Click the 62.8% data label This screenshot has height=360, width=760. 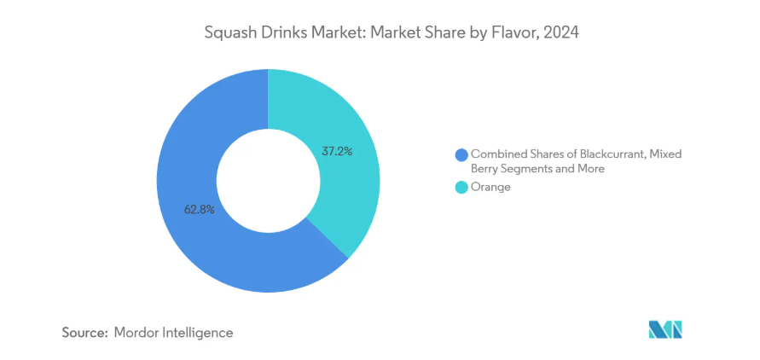198,208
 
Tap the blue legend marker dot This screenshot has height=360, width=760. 461,154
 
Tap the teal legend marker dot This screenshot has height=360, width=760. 461,187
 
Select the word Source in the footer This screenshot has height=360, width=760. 84,332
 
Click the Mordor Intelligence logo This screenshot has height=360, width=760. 665,330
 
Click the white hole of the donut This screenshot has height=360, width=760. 268,180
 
